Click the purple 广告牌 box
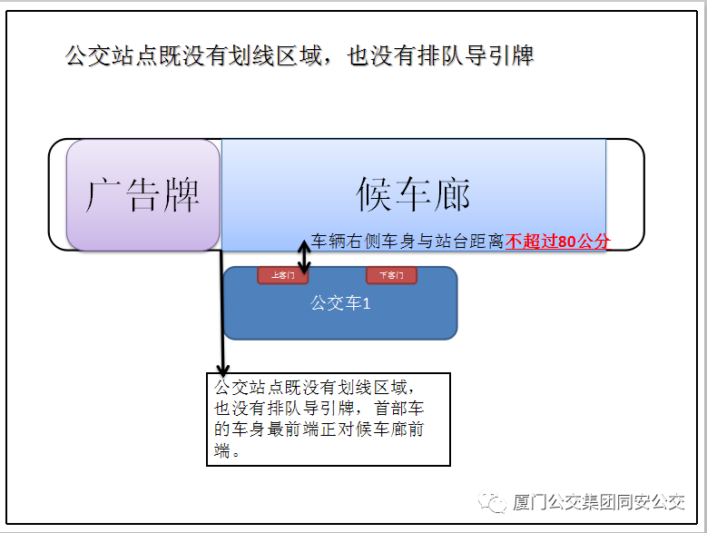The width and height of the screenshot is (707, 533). (x=142, y=194)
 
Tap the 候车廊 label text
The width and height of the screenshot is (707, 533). (x=413, y=194)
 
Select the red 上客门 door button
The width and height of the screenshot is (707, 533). (x=282, y=274)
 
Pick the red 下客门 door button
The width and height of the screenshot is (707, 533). (x=391, y=274)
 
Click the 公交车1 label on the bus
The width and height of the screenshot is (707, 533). (x=340, y=303)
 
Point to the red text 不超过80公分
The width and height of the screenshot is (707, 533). (x=558, y=242)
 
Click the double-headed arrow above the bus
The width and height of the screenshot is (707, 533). (x=305, y=257)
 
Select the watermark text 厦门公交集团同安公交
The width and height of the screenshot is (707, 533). (x=599, y=502)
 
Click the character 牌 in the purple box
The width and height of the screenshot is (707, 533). (x=181, y=194)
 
